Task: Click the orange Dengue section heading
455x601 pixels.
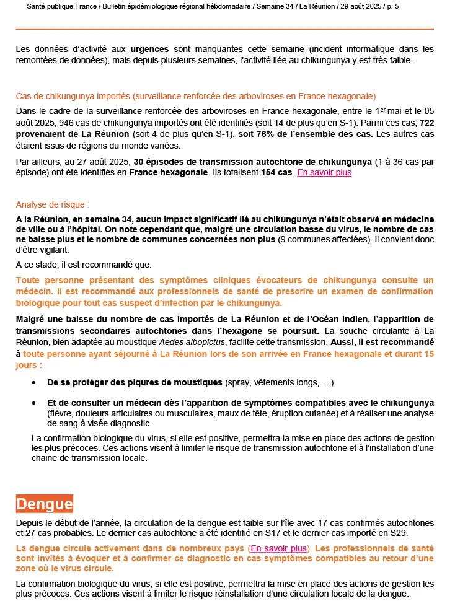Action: click(x=45, y=504)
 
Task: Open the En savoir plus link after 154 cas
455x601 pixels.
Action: click(x=324, y=172)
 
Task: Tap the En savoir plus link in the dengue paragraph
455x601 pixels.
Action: click(x=279, y=548)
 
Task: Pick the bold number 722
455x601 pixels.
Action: click(x=426, y=123)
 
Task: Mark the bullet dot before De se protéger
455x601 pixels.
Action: click(x=40, y=382)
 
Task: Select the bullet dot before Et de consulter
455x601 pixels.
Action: click(x=40, y=403)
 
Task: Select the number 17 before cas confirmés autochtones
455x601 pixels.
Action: click(x=286, y=523)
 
